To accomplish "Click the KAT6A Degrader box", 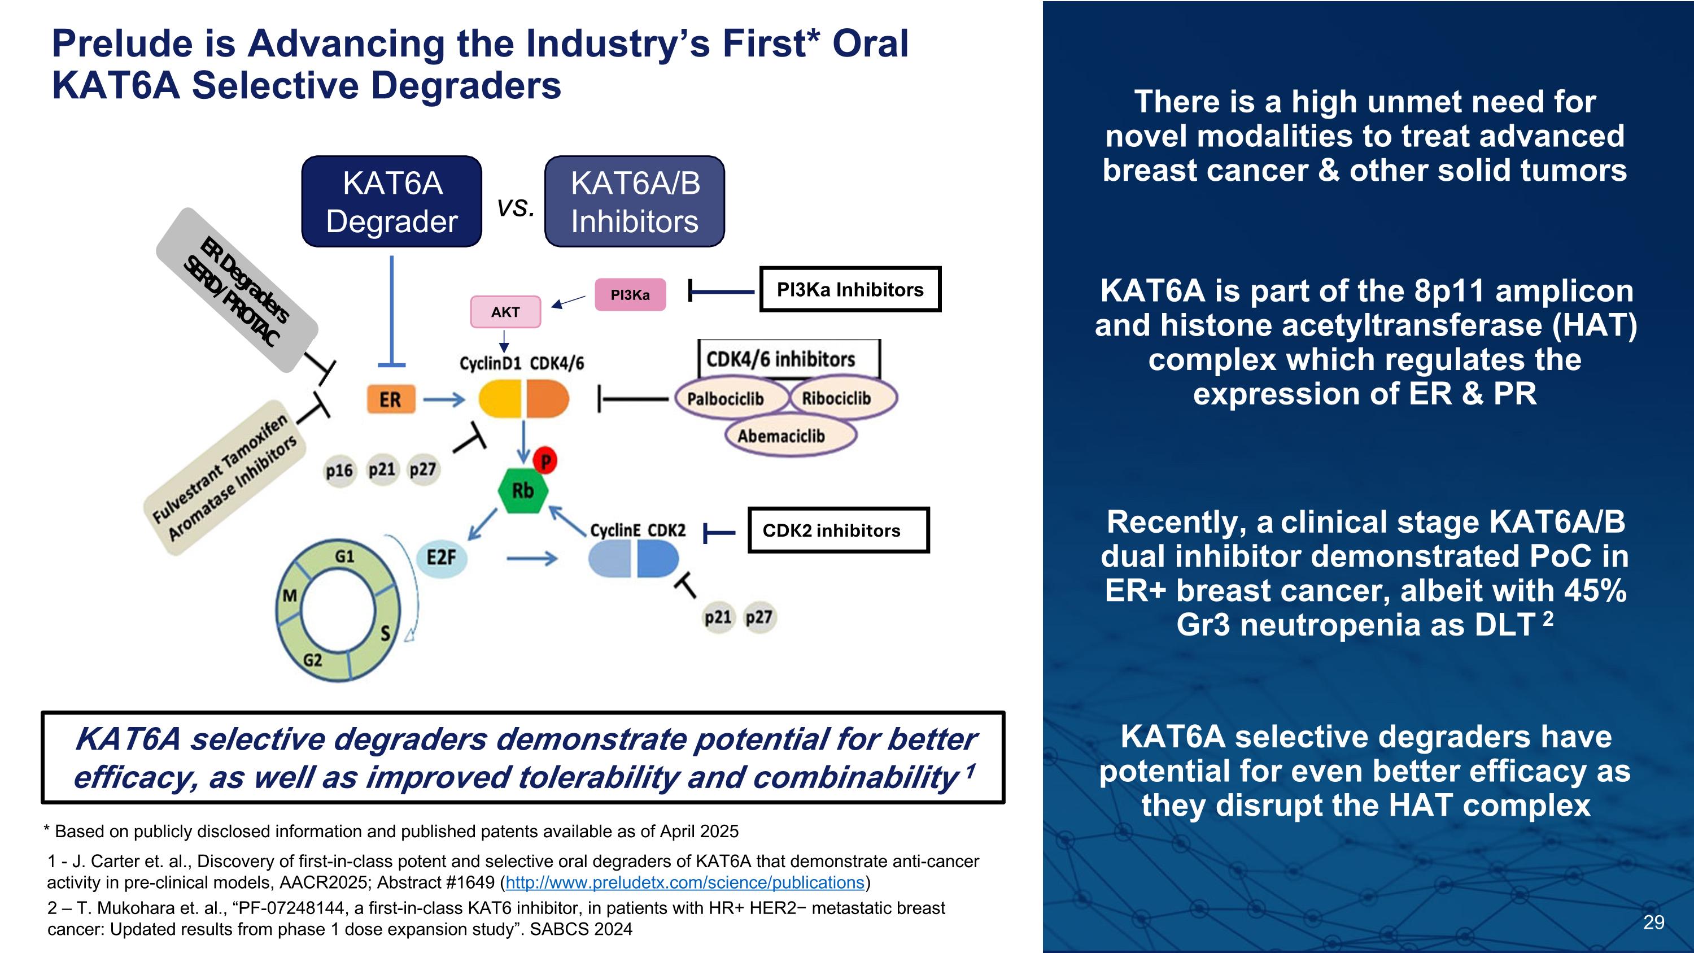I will [x=391, y=201].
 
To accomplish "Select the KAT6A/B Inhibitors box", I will [x=634, y=201].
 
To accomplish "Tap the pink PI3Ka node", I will [x=630, y=295].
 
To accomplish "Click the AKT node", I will [x=505, y=312].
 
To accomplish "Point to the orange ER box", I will [x=391, y=399].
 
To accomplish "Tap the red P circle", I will [x=545, y=460].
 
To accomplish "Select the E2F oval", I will [x=441, y=558].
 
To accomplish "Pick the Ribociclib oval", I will [x=836, y=398].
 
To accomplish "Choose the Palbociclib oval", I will [x=726, y=399].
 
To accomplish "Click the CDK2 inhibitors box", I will [x=838, y=530].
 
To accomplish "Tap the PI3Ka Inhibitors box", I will [x=850, y=289].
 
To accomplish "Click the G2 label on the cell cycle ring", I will [x=312, y=660].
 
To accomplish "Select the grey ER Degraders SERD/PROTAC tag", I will [x=237, y=290].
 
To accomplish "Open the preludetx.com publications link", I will [x=684, y=882].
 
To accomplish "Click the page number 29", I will [x=1653, y=922].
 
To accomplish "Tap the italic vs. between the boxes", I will [x=515, y=208].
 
